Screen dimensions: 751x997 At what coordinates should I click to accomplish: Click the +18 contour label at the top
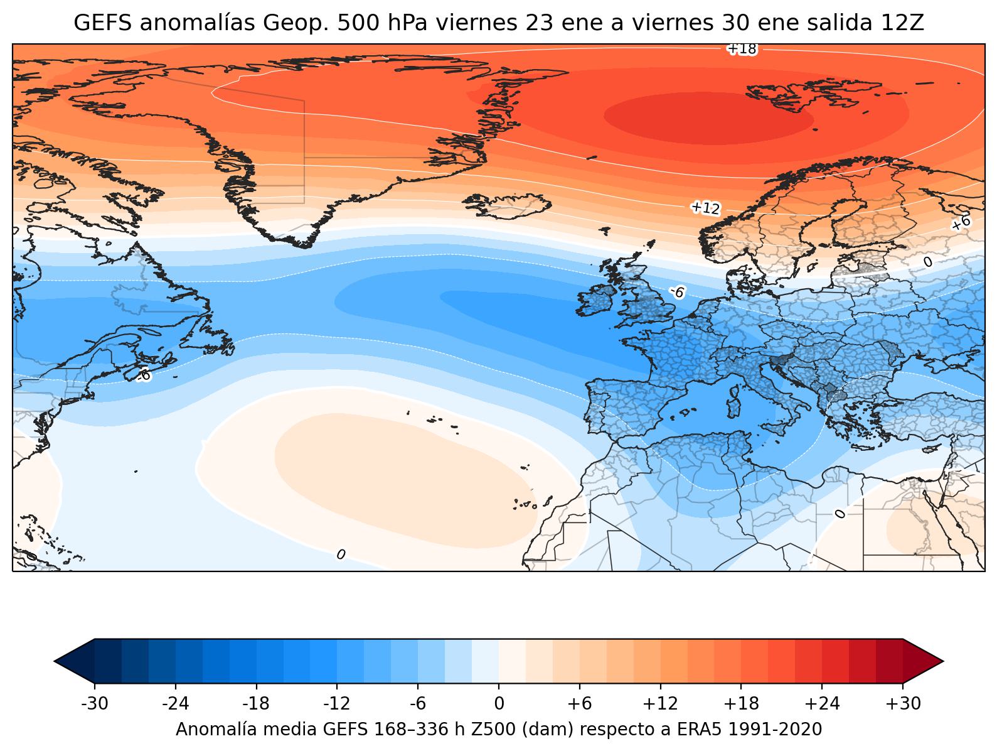coord(742,49)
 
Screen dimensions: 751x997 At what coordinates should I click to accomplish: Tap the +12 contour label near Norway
coord(706,208)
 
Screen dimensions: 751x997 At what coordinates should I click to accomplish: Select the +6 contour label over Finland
coord(961,222)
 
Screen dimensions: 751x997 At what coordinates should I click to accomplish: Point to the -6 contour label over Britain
coord(676,293)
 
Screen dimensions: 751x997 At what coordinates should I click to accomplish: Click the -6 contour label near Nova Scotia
coord(144,375)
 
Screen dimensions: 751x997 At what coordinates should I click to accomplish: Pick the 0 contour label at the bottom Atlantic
coord(341,554)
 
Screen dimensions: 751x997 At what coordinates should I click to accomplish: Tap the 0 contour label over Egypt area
coord(840,514)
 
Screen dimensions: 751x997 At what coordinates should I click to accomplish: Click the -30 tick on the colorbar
coord(95,704)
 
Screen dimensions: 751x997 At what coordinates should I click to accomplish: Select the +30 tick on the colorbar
coord(903,704)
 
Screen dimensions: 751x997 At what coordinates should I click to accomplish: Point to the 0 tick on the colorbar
coord(499,704)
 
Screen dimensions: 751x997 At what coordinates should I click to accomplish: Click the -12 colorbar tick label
coord(337,704)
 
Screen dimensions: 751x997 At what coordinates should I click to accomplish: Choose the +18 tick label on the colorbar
coord(741,704)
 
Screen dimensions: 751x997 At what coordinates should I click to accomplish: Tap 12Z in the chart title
coord(905,23)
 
